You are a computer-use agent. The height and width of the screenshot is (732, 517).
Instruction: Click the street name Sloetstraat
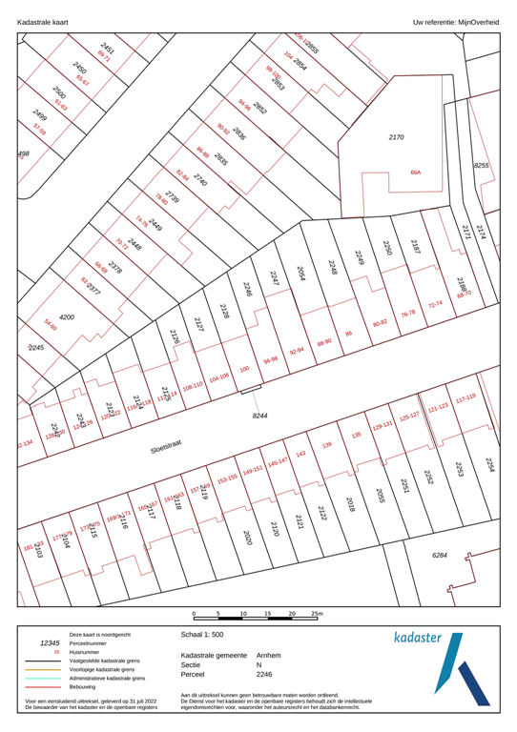[x=167, y=448]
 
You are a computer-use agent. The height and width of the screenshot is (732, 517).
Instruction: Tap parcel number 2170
[x=396, y=138]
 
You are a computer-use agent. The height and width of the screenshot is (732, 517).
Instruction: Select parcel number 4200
[x=67, y=316]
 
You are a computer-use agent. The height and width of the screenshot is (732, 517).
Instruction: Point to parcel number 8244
[x=259, y=417]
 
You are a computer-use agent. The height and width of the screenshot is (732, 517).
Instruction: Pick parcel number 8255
[x=482, y=166]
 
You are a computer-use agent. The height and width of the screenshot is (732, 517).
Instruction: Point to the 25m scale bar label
[x=317, y=615]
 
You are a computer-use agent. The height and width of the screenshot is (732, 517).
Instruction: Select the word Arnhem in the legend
[x=269, y=656]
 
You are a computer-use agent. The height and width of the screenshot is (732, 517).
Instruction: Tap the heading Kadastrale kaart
[x=38, y=20]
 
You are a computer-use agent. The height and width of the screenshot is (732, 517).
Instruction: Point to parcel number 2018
[x=350, y=504]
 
